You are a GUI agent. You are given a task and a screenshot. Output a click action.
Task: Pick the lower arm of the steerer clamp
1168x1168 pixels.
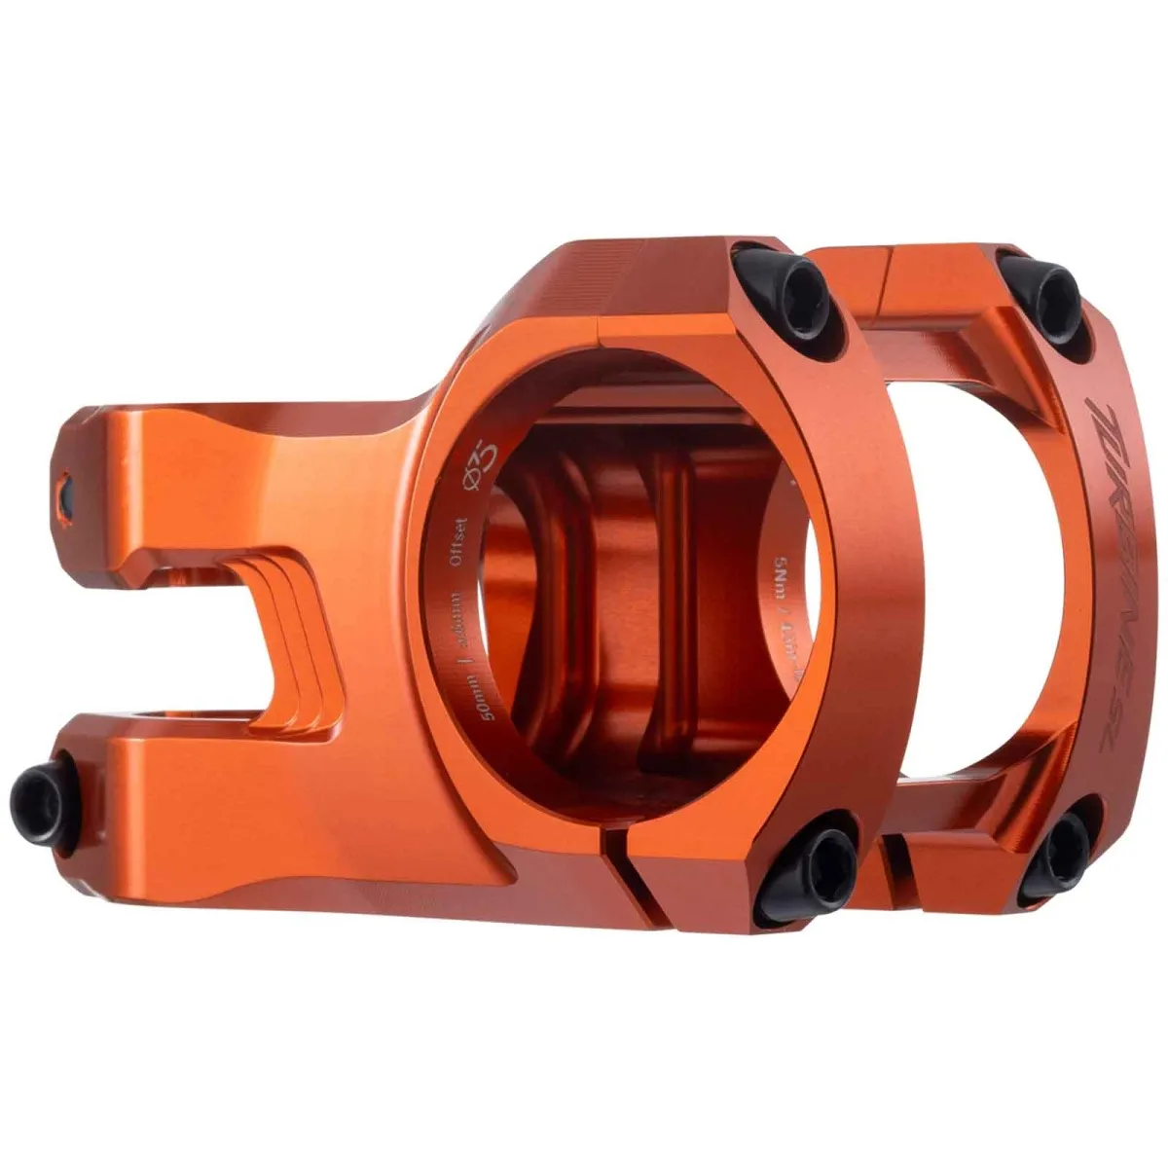[195, 779]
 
